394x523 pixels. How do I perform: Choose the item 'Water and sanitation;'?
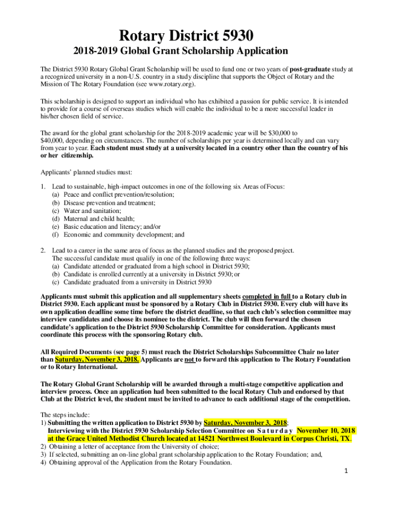pos(92,211)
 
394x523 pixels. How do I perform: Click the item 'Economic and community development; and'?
pos(124,235)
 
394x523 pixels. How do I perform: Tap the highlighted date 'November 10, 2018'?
pos(326,430)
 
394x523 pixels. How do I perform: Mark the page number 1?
pos(346,471)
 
